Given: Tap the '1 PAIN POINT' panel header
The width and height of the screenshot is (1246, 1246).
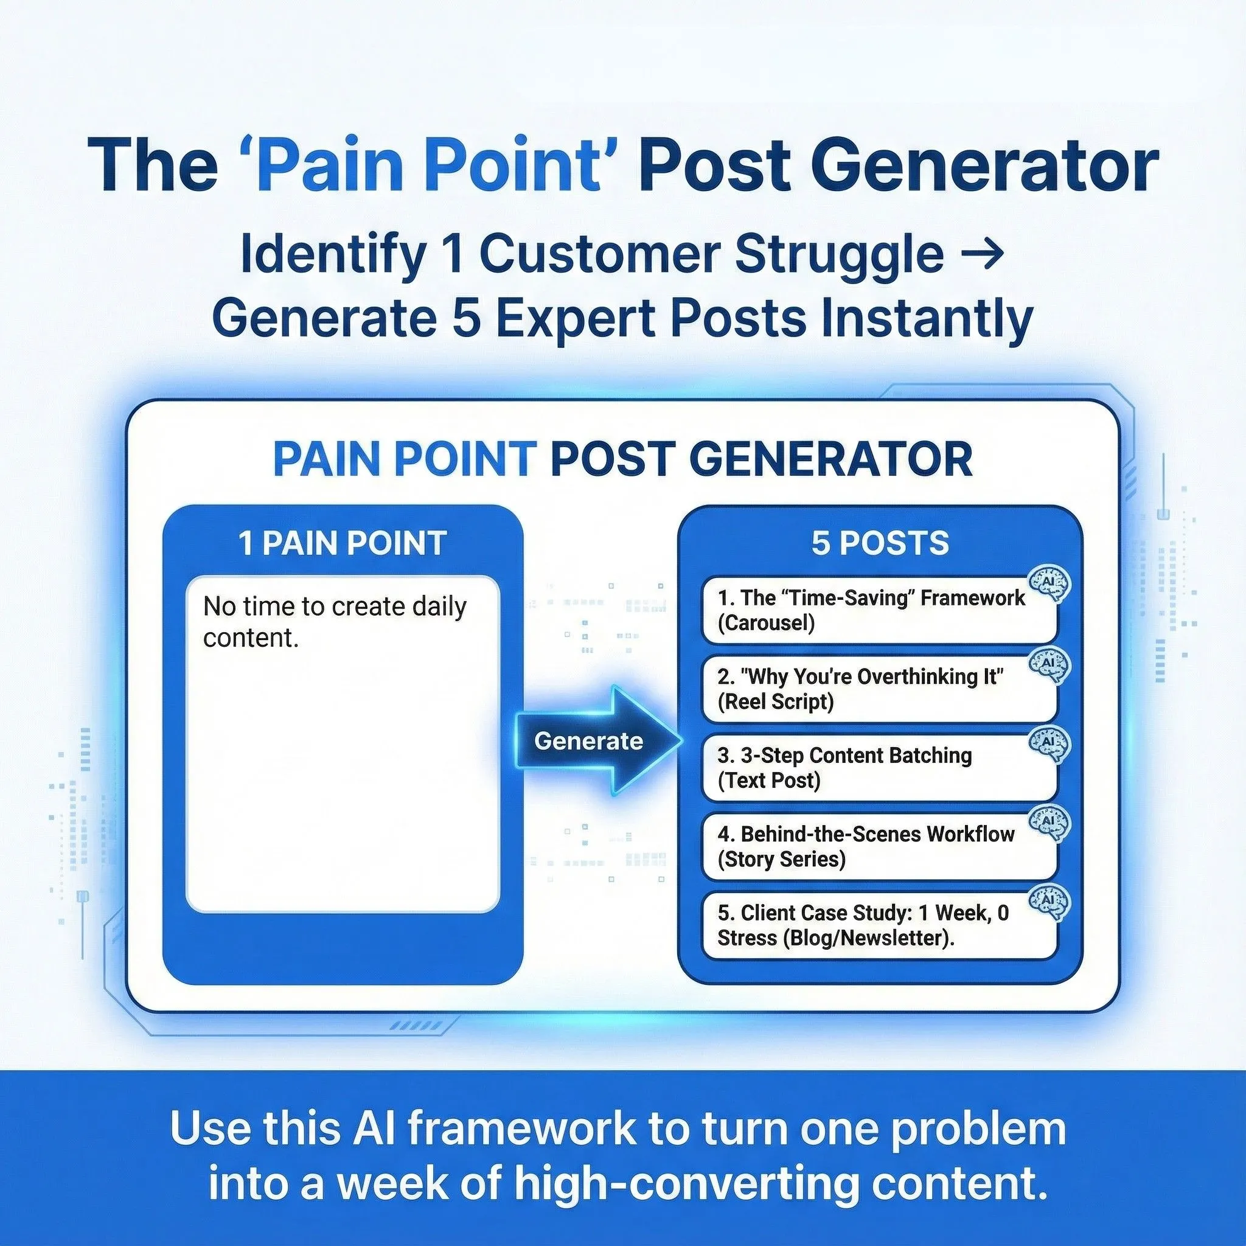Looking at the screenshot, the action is tap(343, 543).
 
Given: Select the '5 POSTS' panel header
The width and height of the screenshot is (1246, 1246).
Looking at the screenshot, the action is tap(880, 543).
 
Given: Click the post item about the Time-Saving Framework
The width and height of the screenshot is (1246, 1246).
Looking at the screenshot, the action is tap(879, 610).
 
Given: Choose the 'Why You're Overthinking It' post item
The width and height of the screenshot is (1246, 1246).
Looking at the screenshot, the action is tap(879, 689).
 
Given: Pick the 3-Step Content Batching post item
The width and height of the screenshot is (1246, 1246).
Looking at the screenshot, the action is tap(879, 767).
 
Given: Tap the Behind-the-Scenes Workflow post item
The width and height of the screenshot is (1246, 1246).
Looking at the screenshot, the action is tap(879, 846).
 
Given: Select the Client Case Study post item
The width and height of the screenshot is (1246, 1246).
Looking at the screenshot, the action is tap(879, 925).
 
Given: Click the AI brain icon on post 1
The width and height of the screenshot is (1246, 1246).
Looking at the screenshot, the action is tap(1049, 584).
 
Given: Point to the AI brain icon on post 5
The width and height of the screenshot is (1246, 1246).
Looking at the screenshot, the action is tap(1049, 901).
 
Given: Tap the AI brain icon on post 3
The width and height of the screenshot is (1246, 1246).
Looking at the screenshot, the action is tap(1049, 743).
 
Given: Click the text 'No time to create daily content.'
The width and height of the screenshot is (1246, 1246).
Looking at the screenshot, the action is tap(334, 622).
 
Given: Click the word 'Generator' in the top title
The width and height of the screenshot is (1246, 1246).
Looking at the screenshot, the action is tap(989, 164).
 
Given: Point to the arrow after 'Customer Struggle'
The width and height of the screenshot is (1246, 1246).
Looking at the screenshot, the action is tap(981, 254).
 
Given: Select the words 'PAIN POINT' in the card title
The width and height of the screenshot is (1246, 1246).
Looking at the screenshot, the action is tap(405, 459).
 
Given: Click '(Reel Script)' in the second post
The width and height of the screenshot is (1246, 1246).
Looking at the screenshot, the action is tap(776, 701).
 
